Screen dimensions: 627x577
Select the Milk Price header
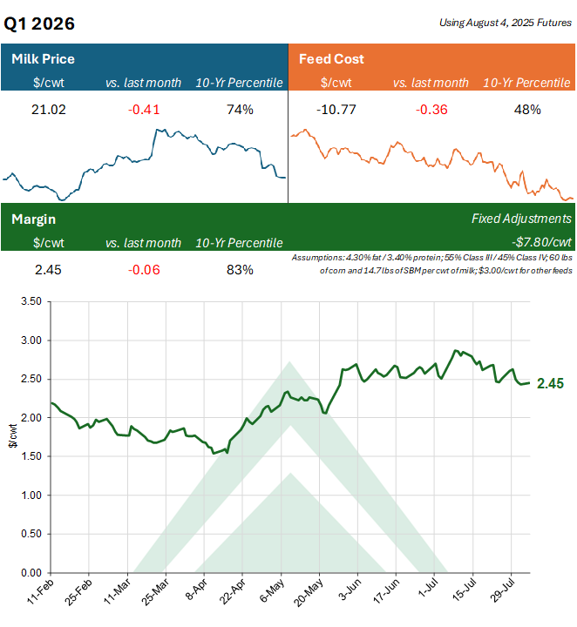pos(43,59)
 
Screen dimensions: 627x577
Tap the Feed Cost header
pos(331,59)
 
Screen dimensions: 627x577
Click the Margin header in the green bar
pos(33,219)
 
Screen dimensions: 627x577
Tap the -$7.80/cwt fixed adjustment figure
pos(540,243)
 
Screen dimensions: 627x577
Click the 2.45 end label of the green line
pos(551,383)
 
